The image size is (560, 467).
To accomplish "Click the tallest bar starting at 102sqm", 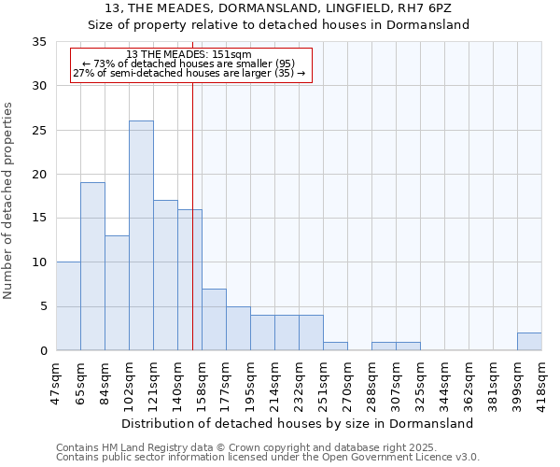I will click(x=141, y=235).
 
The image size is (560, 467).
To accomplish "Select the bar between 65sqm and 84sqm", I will click(x=92, y=266).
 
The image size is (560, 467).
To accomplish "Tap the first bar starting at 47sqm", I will click(x=68, y=306).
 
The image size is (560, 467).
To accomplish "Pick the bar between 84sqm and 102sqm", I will click(x=117, y=293).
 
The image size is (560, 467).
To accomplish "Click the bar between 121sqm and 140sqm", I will click(x=165, y=276).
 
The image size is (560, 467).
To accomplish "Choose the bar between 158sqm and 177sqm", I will click(x=214, y=319).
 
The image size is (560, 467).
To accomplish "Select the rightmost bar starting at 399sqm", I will click(x=529, y=342).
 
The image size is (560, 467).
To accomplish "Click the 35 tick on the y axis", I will click(x=40, y=42).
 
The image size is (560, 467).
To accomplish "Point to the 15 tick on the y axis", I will click(x=40, y=219).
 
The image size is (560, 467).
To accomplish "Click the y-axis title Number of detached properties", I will click(x=8, y=201).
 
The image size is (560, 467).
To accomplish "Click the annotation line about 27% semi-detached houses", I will click(x=189, y=74).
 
